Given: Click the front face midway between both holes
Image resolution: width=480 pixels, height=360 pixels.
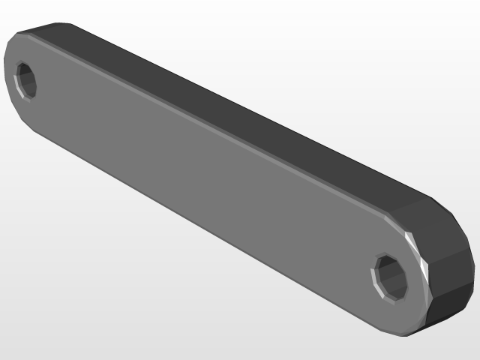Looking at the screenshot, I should pos(210,180).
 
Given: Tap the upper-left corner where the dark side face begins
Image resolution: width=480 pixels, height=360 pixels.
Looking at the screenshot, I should pos(22,31).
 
